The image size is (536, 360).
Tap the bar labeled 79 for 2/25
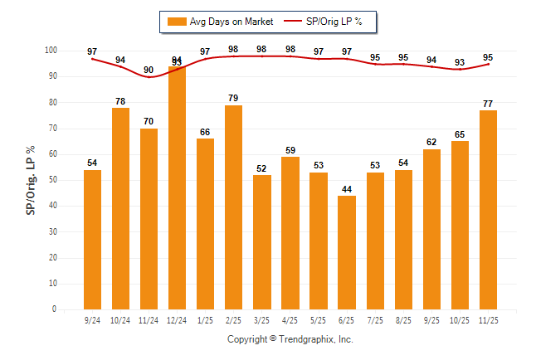(x=234, y=207)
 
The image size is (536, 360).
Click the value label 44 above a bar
(x=348, y=188)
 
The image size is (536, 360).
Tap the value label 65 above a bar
(x=460, y=134)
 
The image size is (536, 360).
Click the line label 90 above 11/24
(x=149, y=70)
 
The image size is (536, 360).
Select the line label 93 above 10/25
(x=460, y=62)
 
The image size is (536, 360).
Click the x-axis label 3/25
(x=262, y=320)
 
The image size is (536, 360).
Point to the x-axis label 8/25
(x=404, y=320)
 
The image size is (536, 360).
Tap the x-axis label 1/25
(x=206, y=320)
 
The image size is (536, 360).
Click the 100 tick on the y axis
(x=51, y=51)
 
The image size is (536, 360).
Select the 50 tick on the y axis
(x=52, y=180)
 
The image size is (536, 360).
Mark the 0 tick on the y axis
(x=55, y=309)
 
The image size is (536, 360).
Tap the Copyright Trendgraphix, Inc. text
(x=290, y=340)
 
